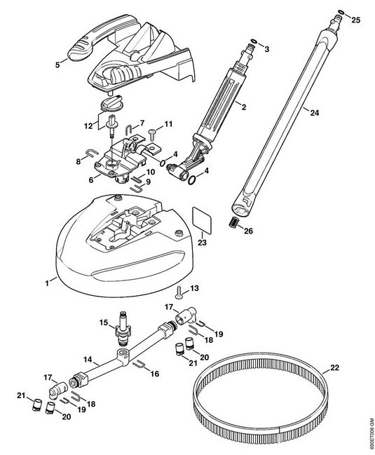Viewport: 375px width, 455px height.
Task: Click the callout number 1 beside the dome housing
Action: coord(47,283)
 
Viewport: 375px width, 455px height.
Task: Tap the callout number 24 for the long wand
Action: coord(314,113)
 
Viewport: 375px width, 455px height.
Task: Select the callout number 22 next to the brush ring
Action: coord(334,367)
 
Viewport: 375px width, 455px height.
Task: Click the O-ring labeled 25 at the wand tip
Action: coord(341,13)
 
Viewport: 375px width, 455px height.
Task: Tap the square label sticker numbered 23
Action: coord(202,219)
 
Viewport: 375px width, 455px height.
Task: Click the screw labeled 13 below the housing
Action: coord(179,292)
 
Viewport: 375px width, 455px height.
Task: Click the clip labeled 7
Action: coord(129,130)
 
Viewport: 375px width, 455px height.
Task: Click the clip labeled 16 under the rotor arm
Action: coord(139,364)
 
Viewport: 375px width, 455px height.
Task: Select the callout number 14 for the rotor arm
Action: coord(88,360)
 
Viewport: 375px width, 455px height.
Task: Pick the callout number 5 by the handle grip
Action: coord(57,65)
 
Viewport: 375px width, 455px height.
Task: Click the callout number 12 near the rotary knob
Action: coord(88,126)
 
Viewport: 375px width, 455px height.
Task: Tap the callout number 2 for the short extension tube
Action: coord(244,107)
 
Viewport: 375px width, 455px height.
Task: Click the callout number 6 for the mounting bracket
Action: coord(91,180)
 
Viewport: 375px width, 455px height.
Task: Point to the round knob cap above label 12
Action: coord(111,102)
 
